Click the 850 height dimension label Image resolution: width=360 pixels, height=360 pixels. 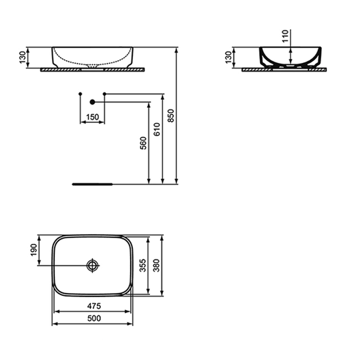pos(171,116)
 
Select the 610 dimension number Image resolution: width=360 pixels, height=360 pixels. pos(157,129)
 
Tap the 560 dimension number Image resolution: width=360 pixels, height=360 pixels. pos(143,143)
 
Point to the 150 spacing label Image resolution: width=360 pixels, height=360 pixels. pos(92,117)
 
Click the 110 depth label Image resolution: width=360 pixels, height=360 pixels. pos(285,36)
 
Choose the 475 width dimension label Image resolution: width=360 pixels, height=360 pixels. pos(94,306)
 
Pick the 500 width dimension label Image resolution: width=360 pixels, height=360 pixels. pos(94,318)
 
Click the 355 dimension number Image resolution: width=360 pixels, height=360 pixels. pos(143,265)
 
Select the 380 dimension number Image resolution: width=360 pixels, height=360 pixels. pos(156,265)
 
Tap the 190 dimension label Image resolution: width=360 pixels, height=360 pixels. pos(34,250)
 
